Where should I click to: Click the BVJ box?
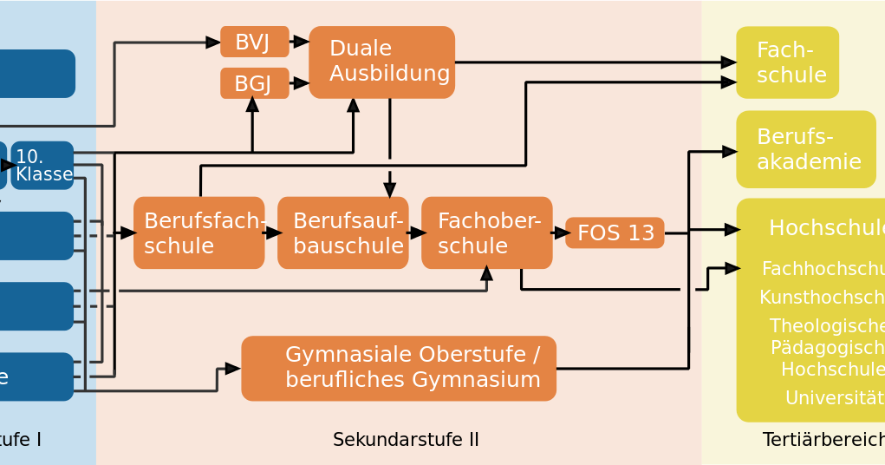(254, 42)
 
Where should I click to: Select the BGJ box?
(254, 83)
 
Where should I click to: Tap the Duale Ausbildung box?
(381, 62)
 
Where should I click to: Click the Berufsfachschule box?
(198, 232)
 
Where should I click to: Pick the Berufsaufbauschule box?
(342, 232)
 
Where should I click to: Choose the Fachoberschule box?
(486, 232)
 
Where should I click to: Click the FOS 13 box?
(615, 232)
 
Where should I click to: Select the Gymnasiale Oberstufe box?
(398, 368)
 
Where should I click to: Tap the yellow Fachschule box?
(787, 62)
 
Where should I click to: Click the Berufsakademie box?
(805, 149)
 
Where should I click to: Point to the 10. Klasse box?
(42, 165)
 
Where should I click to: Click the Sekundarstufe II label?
(406, 440)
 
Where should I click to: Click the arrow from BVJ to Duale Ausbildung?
(300, 42)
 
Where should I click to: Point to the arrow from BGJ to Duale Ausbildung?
(300, 83)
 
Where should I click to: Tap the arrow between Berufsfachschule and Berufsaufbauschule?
(272, 232)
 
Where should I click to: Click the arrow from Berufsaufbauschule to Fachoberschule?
(416, 232)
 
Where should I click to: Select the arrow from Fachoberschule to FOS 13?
(560, 232)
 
